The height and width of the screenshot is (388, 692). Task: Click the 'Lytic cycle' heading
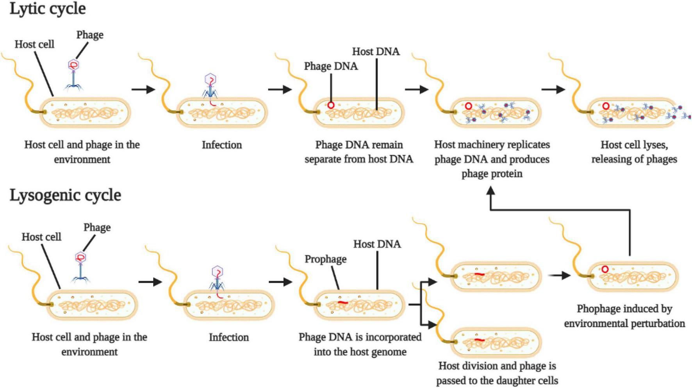pyautogui.click(x=48, y=9)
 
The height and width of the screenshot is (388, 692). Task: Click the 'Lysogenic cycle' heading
pyautogui.click(x=65, y=195)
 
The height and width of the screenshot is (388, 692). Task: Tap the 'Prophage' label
pyautogui.click(x=325, y=259)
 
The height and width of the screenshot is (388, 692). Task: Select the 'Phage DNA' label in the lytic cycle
pyautogui.click(x=331, y=66)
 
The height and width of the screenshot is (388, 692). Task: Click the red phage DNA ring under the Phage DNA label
pyautogui.click(x=331, y=105)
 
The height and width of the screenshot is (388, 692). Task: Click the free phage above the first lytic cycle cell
pyautogui.click(x=73, y=74)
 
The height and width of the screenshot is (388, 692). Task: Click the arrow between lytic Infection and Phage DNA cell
pyautogui.click(x=280, y=89)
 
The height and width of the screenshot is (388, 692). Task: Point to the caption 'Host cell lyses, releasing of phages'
pyautogui.click(x=634, y=152)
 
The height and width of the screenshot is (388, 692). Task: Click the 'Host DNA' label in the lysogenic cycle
pyautogui.click(x=377, y=244)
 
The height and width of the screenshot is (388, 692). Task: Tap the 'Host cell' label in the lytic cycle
pyautogui.click(x=34, y=44)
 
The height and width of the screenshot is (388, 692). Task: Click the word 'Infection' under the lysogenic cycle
pyautogui.click(x=228, y=337)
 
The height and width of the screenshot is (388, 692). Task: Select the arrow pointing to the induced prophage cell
pyautogui.click(x=559, y=275)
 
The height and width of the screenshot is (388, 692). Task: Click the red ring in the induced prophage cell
pyautogui.click(x=605, y=269)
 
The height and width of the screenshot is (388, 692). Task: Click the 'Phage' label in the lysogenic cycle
pyautogui.click(x=97, y=227)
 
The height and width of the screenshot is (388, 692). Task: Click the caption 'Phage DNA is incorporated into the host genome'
pyautogui.click(x=360, y=344)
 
